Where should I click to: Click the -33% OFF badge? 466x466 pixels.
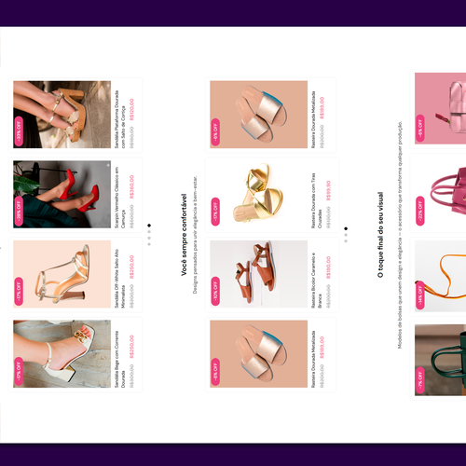pos(20,130)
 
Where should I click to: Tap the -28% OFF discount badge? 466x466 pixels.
pos(20,212)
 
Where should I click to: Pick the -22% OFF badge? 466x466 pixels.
pos(420,212)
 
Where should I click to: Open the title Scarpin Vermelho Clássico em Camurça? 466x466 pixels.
pos(122,199)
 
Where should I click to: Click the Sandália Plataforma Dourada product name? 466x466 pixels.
pos(122,119)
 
